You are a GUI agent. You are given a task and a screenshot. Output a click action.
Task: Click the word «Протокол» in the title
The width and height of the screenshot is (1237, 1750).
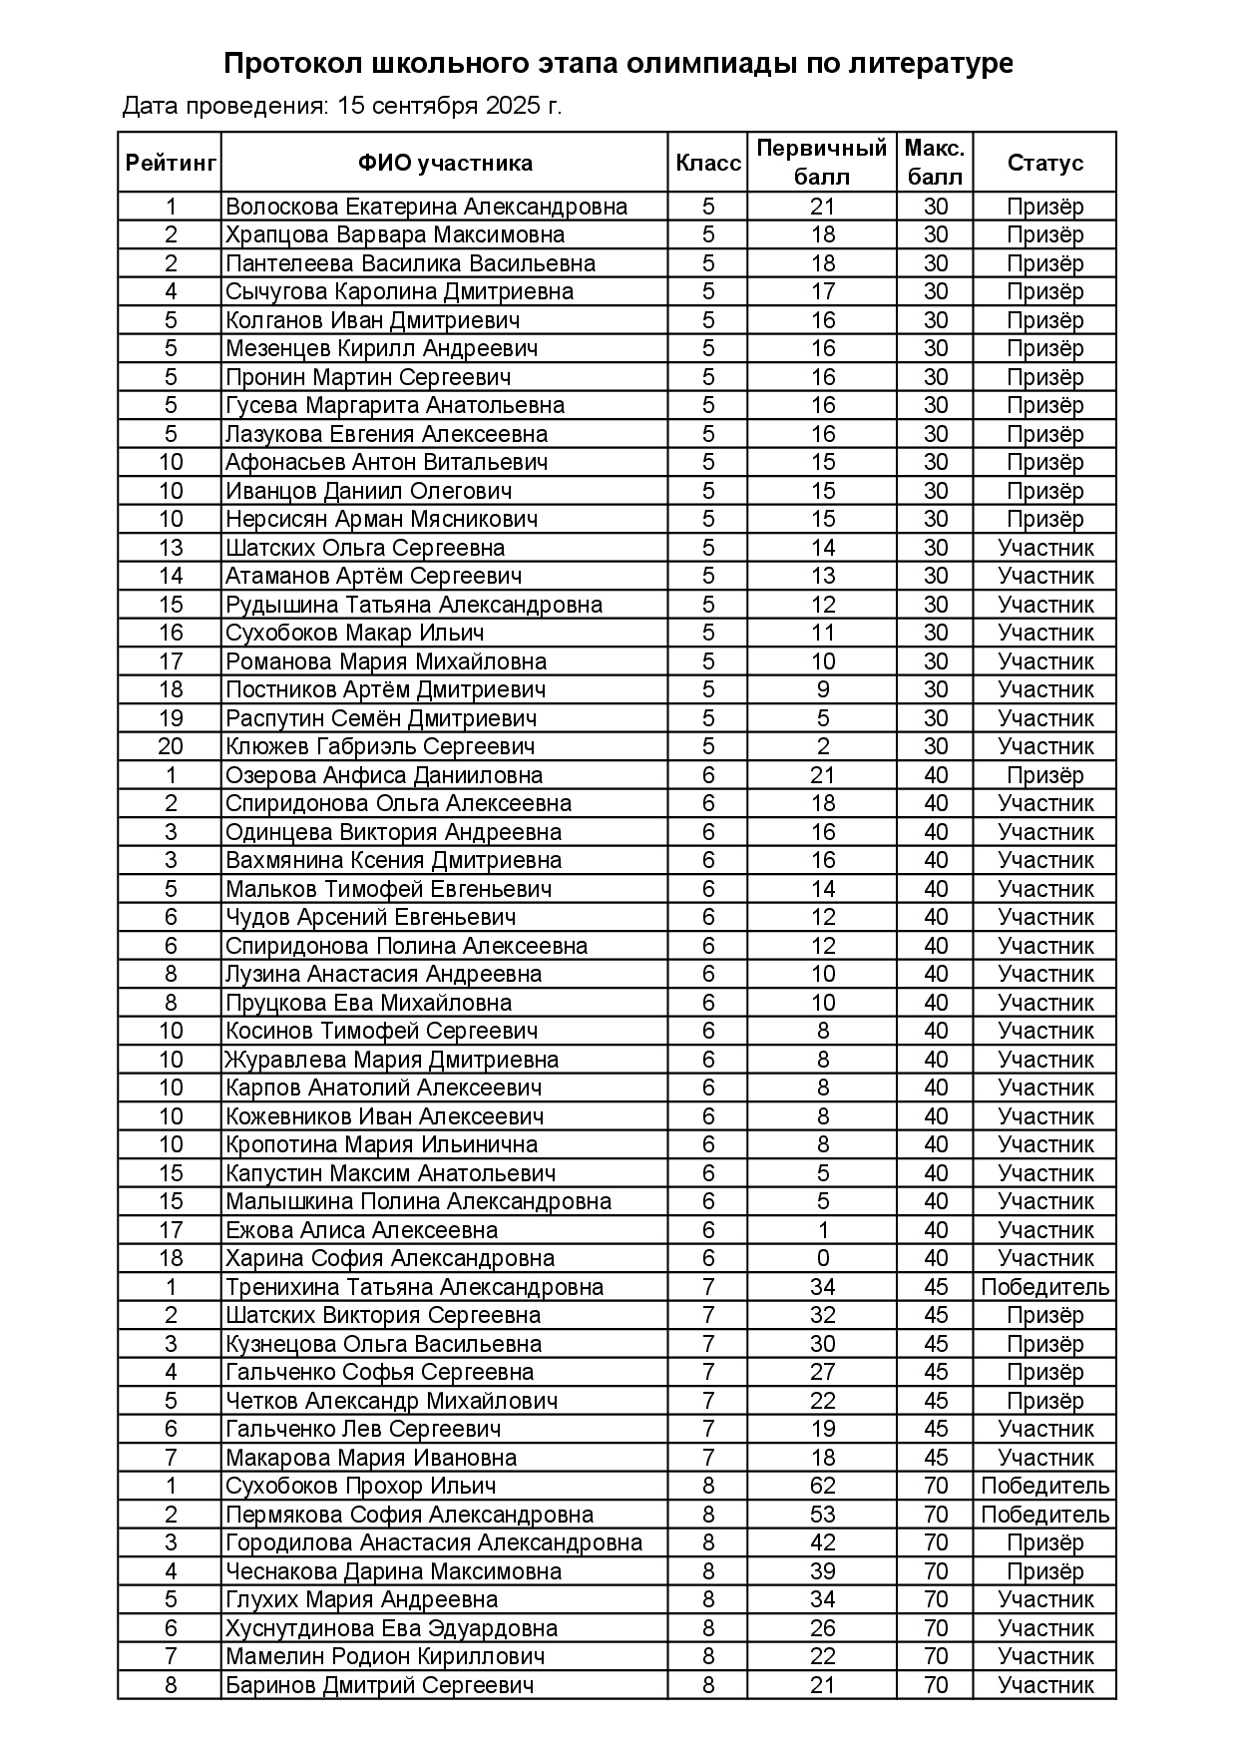coord(293,64)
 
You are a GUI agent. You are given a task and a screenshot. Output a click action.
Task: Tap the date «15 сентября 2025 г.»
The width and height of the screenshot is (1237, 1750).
coord(450,106)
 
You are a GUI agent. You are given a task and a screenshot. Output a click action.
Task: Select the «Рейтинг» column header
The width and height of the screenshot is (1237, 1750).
coord(171,163)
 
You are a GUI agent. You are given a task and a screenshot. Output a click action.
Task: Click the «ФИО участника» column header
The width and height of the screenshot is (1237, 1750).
coord(445,163)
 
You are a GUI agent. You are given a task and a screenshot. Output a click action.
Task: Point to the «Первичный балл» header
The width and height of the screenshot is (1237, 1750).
coord(821,163)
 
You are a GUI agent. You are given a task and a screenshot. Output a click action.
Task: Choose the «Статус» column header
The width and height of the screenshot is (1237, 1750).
coord(1044,163)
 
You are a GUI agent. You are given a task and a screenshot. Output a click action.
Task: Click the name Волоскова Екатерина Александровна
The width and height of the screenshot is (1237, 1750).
coord(427,207)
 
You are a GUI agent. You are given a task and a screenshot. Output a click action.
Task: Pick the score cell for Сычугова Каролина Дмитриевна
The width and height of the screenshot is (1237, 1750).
coord(822,291)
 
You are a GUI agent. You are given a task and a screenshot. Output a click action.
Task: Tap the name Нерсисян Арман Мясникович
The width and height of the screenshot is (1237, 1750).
coord(382,519)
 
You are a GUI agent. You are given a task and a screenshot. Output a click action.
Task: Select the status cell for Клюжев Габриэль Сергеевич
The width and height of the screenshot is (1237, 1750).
coord(1044,746)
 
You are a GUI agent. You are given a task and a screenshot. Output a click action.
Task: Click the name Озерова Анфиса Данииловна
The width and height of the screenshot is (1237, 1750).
coord(384,775)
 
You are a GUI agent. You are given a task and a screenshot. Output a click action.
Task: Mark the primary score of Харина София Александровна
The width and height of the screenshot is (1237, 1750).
coord(822,1258)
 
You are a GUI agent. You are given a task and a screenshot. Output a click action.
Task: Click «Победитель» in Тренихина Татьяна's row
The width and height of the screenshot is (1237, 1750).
coord(1044,1287)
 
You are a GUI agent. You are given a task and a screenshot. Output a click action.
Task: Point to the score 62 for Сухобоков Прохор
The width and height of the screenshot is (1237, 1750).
coord(822,1486)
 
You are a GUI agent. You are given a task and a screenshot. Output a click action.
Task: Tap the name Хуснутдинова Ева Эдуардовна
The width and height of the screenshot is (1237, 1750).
coord(391,1628)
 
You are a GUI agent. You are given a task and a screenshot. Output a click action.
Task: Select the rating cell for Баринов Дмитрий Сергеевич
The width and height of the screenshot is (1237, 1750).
coord(171,1685)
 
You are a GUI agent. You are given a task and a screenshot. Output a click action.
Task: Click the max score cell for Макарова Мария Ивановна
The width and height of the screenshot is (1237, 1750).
coord(935,1458)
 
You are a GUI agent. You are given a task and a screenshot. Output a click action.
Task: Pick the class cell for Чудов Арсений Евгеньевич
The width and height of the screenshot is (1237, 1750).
coord(708,917)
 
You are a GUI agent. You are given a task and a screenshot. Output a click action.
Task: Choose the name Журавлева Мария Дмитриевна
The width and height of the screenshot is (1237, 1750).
coord(391,1060)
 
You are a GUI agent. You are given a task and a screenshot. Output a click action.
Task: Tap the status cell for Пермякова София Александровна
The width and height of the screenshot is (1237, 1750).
coord(1044,1515)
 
